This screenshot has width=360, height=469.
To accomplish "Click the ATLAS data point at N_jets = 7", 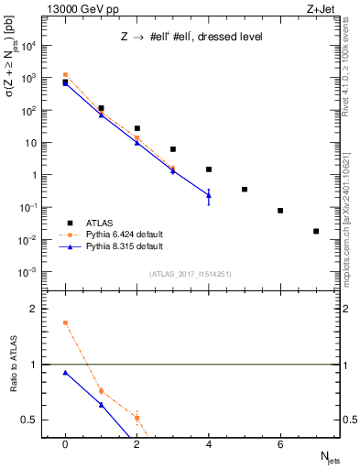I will pos(316,232).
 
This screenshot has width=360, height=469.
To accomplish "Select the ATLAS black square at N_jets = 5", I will pos(245,190).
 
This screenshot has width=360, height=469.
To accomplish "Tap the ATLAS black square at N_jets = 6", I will pos(280,211).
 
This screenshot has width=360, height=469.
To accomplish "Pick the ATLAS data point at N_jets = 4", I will pos(209,169).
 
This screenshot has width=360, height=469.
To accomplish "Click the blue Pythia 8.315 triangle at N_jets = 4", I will pos(209,195).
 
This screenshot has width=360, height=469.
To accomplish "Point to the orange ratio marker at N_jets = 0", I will pos(65,322).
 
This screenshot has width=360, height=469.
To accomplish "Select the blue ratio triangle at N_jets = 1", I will pos(101,405).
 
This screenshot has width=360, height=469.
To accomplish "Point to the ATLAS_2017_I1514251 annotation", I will pos(191,274).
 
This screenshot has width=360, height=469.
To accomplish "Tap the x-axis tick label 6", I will pos(280,444).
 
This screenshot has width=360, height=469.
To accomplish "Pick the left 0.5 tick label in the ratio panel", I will pos(32,420).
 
